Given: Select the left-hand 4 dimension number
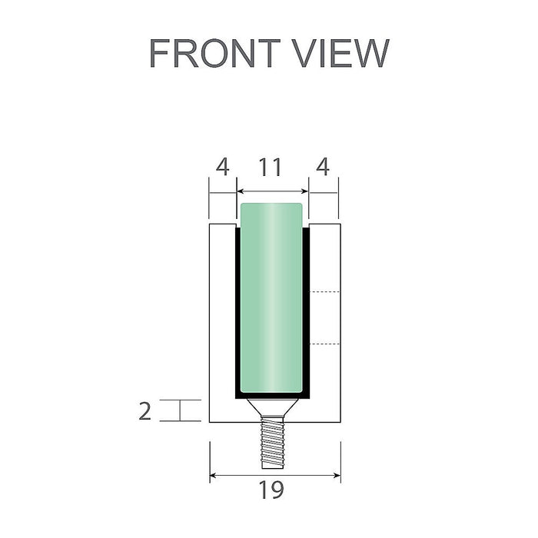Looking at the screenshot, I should pos(222,168).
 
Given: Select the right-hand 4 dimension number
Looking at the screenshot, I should pos(323,168).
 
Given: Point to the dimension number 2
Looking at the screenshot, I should pos(146,411).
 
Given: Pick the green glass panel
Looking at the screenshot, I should pos(272,300).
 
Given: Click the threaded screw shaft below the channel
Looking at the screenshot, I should pos(273,441).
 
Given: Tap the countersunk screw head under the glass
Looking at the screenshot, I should pos(273,407).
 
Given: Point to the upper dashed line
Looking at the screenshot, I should pos(324,293).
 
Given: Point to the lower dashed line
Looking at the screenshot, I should pos(324,343).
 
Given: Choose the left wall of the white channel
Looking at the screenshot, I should pos(222,323).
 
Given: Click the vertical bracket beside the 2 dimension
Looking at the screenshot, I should pos(181,410).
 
